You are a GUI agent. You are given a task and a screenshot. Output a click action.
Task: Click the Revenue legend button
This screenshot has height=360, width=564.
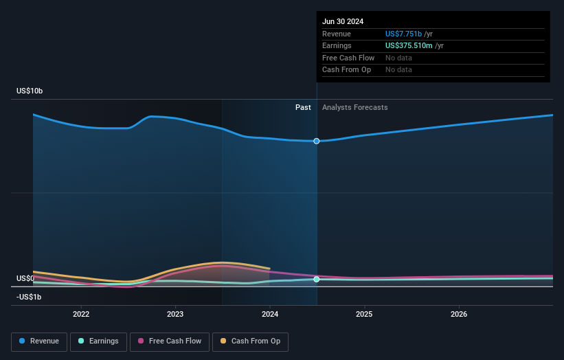coord(39,341)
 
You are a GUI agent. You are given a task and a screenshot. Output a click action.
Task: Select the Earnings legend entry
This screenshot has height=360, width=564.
coord(98,341)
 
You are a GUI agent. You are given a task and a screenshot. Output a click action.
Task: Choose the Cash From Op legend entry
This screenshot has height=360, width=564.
coord(251,341)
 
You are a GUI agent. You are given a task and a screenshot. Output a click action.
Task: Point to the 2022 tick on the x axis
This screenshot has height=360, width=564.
coord(81,315)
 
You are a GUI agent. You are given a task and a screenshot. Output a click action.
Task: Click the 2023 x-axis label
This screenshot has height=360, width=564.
coord(175,315)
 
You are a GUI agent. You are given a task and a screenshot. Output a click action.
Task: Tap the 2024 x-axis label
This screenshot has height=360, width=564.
coord(270,315)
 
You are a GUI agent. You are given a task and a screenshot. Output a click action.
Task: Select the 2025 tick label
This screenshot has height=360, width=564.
coord(364,315)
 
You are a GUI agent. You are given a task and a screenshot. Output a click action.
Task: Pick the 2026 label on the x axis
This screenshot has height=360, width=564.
coord(459,315)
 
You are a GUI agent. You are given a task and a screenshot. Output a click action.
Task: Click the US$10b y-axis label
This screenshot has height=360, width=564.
coord(31,91)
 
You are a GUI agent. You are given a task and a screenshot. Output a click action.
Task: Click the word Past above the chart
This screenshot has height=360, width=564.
coord(303,108)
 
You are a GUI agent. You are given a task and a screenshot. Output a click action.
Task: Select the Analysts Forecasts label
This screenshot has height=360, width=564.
coord(354,108)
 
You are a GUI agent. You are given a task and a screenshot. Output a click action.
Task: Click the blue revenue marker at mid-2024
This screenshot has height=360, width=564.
coord(317,141)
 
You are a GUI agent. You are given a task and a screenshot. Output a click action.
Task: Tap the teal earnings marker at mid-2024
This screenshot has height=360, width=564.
coord(317,280)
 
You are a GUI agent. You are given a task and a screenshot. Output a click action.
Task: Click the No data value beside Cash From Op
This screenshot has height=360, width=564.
coord(398,70)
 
